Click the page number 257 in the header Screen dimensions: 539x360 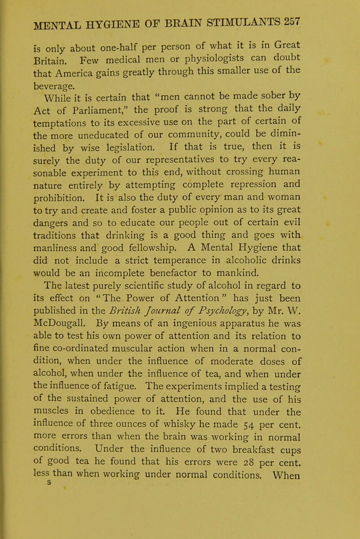[x=334, y=22]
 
